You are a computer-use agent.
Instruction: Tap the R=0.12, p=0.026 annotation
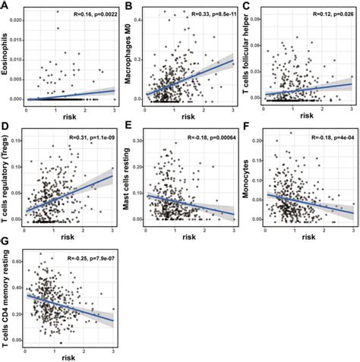pos(327,14)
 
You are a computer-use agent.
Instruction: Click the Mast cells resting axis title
pos(129,180)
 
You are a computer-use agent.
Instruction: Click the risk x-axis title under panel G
pos(68,355)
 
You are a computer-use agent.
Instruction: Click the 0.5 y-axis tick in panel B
pos(140,8)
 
